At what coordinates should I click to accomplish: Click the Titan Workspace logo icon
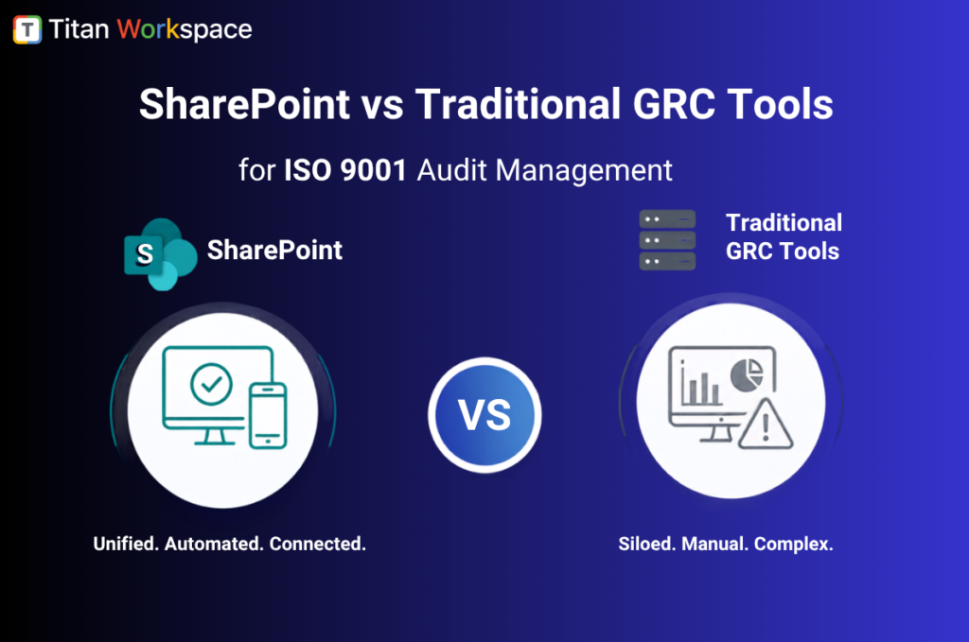click(x=27, y=29)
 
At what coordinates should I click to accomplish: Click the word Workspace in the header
click(x=185, y=29)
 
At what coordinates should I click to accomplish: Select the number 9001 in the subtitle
click(x=373, y=170)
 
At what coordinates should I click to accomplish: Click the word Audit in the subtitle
click(x=452, y=170)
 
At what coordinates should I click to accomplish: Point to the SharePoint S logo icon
click(x=160, y=253)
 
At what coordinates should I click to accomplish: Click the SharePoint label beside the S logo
click(x=274, y=250)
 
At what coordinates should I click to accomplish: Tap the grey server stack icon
click(x=667, y=240)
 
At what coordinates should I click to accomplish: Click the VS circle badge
click(x=484, y=415)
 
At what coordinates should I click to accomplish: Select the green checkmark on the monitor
click(x=211, y=384)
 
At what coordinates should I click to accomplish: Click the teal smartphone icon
click(x=268, y=415)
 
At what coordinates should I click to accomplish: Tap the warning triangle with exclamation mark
click(x=765, y=425)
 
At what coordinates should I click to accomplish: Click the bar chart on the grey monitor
click(x=701, y=386)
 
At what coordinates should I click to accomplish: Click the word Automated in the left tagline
click(x=214, y=544)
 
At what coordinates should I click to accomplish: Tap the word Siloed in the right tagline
click(x=647, y=544)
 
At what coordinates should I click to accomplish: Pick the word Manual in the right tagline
click(x=715, y=544)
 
